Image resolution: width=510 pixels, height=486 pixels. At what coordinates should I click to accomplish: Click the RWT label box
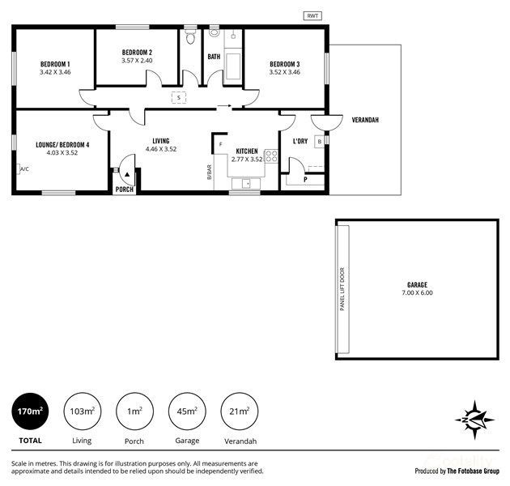pyautogui.click(x=311, y=15)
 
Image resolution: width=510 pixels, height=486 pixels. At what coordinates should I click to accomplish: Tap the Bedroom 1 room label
pyautogui.click(x=55, y=64)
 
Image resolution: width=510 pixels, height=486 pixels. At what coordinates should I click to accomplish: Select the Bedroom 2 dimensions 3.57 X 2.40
pyautogui.click(x=137, y=61)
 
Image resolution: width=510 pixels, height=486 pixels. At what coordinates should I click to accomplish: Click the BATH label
pyautogui.click(x=214, y=57)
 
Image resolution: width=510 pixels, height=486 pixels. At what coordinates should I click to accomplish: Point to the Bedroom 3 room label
pyautogui.click(x=285, y=64)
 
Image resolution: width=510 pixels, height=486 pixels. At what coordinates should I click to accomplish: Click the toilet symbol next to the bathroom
pyautogui.click(x=191, y=37)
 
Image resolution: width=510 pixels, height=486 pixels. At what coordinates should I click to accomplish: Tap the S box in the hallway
pyautogui.click(x=178, y=98)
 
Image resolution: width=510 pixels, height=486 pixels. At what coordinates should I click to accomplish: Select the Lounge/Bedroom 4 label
pyautogui.click(x=62, y=145)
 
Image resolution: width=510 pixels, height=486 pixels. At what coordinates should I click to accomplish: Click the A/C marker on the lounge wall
pyautogui.click(x=23, y=169)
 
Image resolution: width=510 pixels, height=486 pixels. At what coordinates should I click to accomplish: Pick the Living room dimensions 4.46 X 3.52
pyautogui.click(x=160, y=150)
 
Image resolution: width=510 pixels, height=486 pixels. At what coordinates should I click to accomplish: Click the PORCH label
pyautogui.click(x=124, y=190)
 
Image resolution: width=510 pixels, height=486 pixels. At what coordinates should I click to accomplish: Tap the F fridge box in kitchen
pyautogui.click(x=219, y=145)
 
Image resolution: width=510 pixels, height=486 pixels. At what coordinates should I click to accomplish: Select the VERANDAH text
pyautogui.click(x=365, y=120)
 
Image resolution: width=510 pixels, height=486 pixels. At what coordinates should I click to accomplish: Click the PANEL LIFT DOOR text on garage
pyautogui.click(x=342, y=288)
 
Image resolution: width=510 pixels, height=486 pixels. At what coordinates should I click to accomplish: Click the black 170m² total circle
pyautogui.click(x=30, y=412)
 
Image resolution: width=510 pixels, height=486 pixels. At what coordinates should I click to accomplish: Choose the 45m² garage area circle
pyautogui.click(x=186, y=412)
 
